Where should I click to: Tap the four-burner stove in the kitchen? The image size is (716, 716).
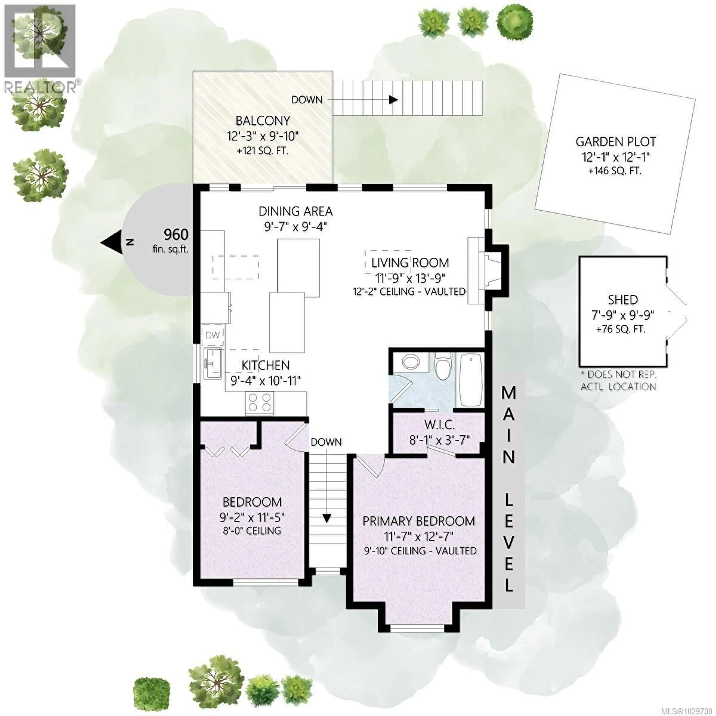[259, 403]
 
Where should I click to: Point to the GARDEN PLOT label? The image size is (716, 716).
[615, 142]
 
